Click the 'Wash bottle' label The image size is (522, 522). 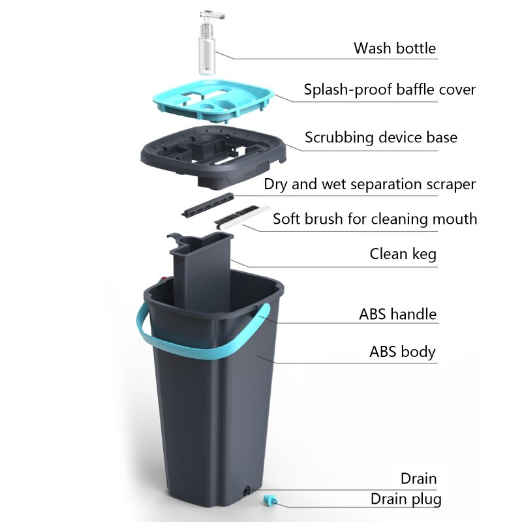(x=395, y=48)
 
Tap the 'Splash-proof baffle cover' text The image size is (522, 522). (x=390, y=90)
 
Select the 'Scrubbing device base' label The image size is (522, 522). (x=381, y=138)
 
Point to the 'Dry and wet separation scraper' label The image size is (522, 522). (x=370, y=184)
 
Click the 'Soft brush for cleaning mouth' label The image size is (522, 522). (x=375, y=219)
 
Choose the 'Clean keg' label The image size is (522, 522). (x=403, y=254)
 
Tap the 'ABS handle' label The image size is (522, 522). (x=397, y=314)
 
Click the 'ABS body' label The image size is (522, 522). (x=403, y=352)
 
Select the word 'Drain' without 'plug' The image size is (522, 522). (x=418, y=478)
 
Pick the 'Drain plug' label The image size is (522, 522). (x=406, y=499)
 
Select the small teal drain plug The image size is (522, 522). (x=269, y=500)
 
